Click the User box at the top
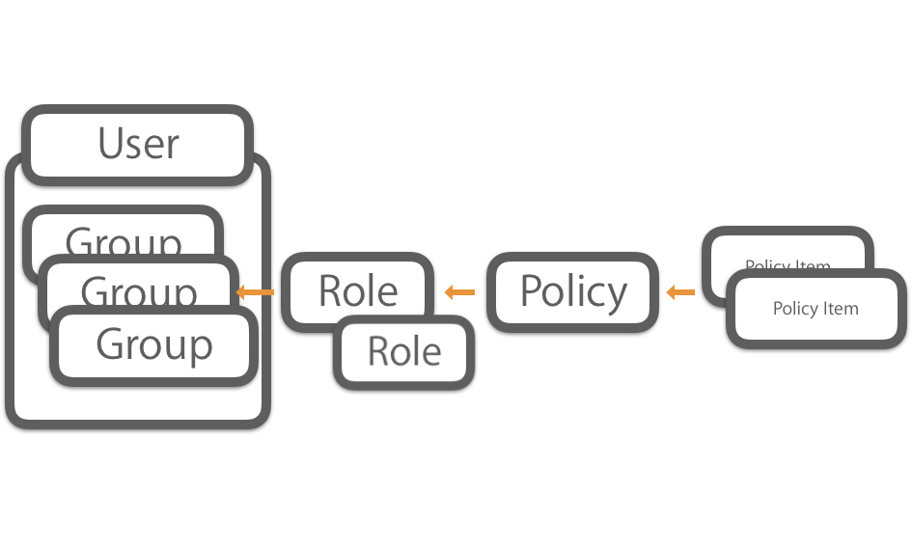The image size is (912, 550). coord(138,144)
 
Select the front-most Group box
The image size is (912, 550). coord(154,345)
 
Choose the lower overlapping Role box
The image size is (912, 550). coord(404,353)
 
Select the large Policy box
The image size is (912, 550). coord(573,291)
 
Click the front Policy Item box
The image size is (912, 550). coord(815,310)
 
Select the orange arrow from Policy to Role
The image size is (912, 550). coord(460,292)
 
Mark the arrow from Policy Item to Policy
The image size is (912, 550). coord(680,291)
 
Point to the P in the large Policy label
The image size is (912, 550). coord(530,290)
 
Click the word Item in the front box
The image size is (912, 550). coord(841,309)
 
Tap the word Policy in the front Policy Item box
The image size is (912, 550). coord(794,310)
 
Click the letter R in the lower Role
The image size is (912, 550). coord(377,352)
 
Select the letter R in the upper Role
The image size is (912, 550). coord(328,290)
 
